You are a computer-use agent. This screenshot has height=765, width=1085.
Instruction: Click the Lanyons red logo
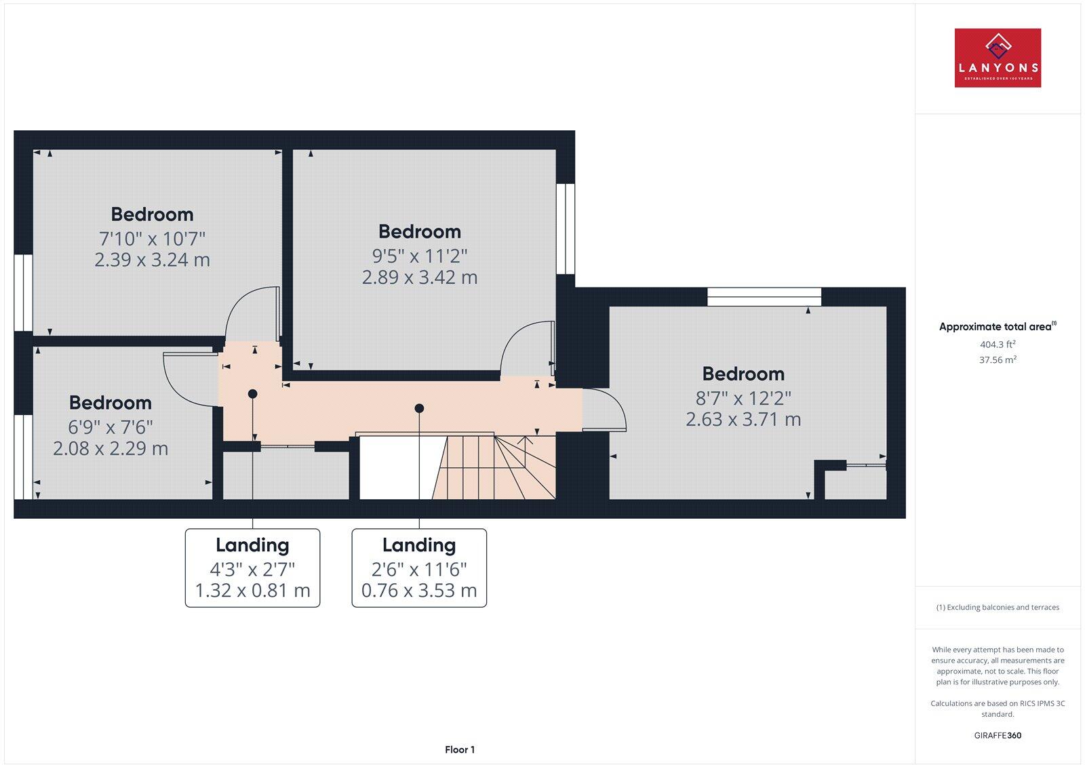pos(998,58)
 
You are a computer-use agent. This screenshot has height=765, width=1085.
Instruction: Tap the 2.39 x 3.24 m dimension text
pos(152,260)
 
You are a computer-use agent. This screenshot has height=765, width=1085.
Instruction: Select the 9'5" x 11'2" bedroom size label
pos(420,256)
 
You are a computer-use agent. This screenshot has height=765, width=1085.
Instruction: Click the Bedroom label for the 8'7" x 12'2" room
pos(743,374)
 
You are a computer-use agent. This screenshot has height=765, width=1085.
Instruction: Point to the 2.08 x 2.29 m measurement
pos(111,448)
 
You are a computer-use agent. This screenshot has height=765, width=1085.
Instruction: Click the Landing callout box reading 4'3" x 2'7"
pos(252,568)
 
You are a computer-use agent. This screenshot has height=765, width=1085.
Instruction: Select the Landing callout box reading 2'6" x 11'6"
pos(419,568)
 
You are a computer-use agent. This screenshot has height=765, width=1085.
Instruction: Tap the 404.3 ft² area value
pos(998,345)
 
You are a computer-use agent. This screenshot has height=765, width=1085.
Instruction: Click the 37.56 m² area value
pos(998,360)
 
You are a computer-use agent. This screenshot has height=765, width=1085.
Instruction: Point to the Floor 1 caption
pos(460,749)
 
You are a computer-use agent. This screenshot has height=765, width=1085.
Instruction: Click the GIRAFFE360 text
pos(998,735)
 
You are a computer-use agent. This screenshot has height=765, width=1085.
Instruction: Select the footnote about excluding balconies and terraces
pos(998,608)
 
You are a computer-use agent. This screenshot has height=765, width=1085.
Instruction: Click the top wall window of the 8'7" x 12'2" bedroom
pos(764,297)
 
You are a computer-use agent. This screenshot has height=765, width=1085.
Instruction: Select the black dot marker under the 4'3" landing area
pos(253,393)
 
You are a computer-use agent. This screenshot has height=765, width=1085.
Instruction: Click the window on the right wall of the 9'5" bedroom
pos(566,229)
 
